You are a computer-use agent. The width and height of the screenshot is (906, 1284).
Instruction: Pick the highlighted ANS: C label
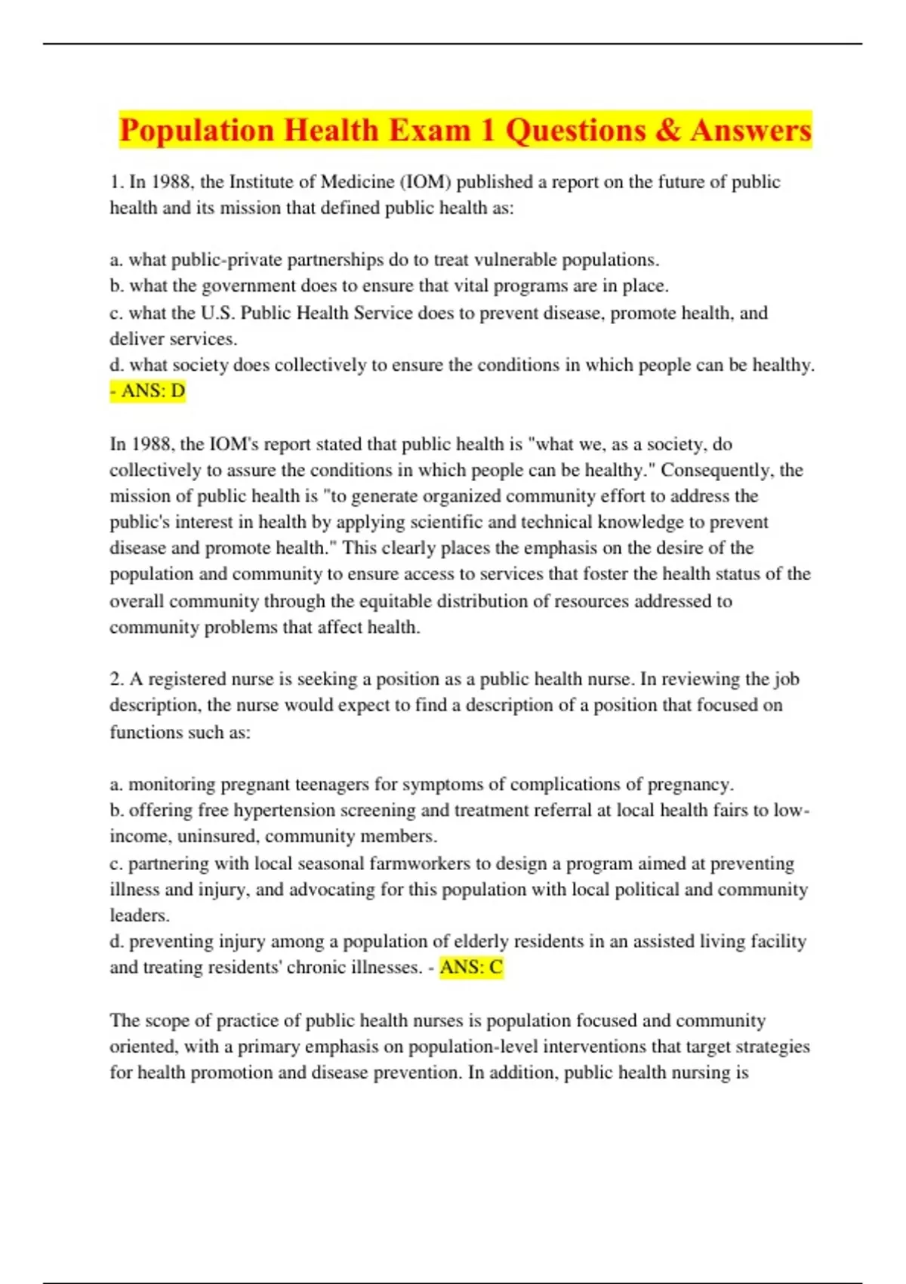click(471, 968)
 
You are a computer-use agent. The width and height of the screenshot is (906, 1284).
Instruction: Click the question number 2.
click(116, 679)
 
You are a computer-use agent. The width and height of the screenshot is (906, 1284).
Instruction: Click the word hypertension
click(279, 810)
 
